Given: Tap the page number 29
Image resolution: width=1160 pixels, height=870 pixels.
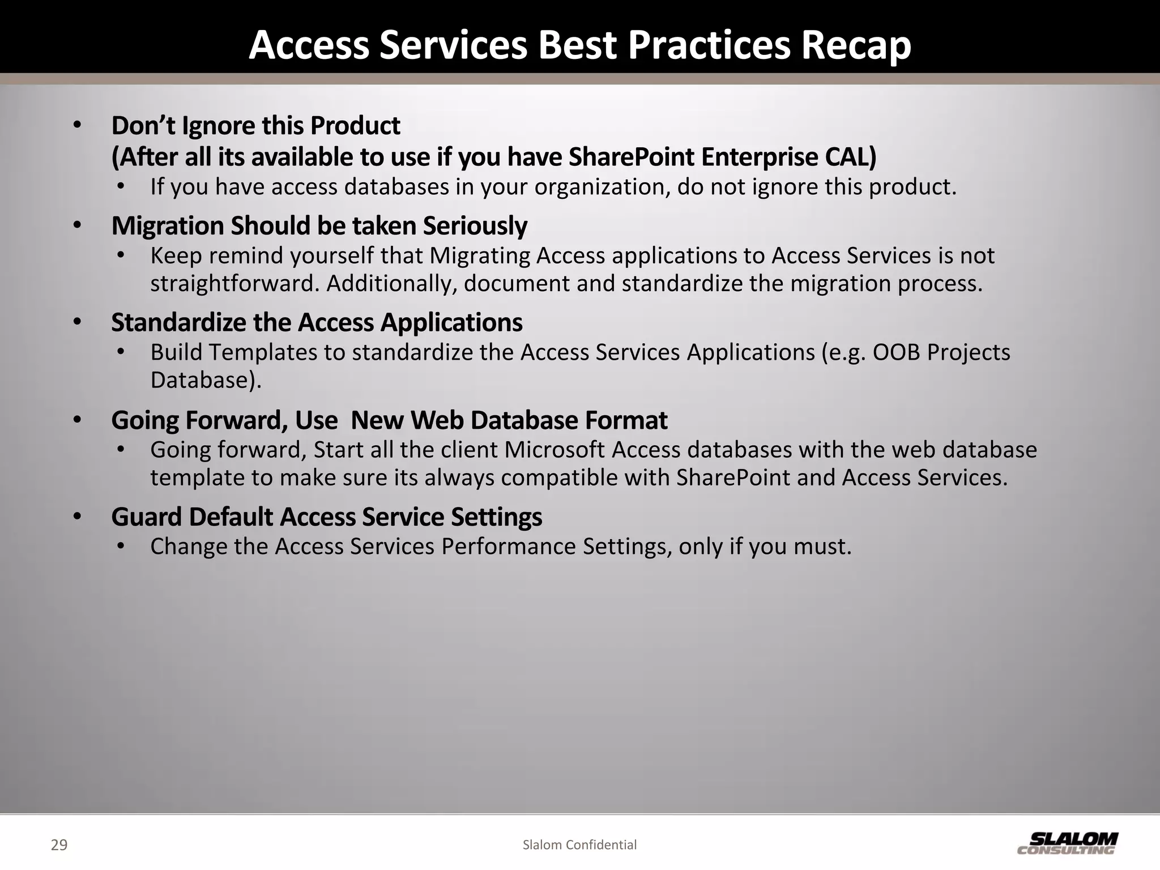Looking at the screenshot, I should (x=59, y=845).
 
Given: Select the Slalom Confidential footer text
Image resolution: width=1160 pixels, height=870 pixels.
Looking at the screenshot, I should (x=579, y=845).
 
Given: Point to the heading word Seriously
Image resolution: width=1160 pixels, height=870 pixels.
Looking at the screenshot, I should (x=475, y=226).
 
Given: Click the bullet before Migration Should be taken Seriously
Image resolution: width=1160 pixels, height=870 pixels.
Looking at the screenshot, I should (x=78, y=226).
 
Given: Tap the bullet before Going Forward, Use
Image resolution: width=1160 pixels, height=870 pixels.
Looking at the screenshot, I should (x=78, y=420).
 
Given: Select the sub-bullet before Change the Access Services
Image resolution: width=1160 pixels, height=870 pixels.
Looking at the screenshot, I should (x=120, y=547).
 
